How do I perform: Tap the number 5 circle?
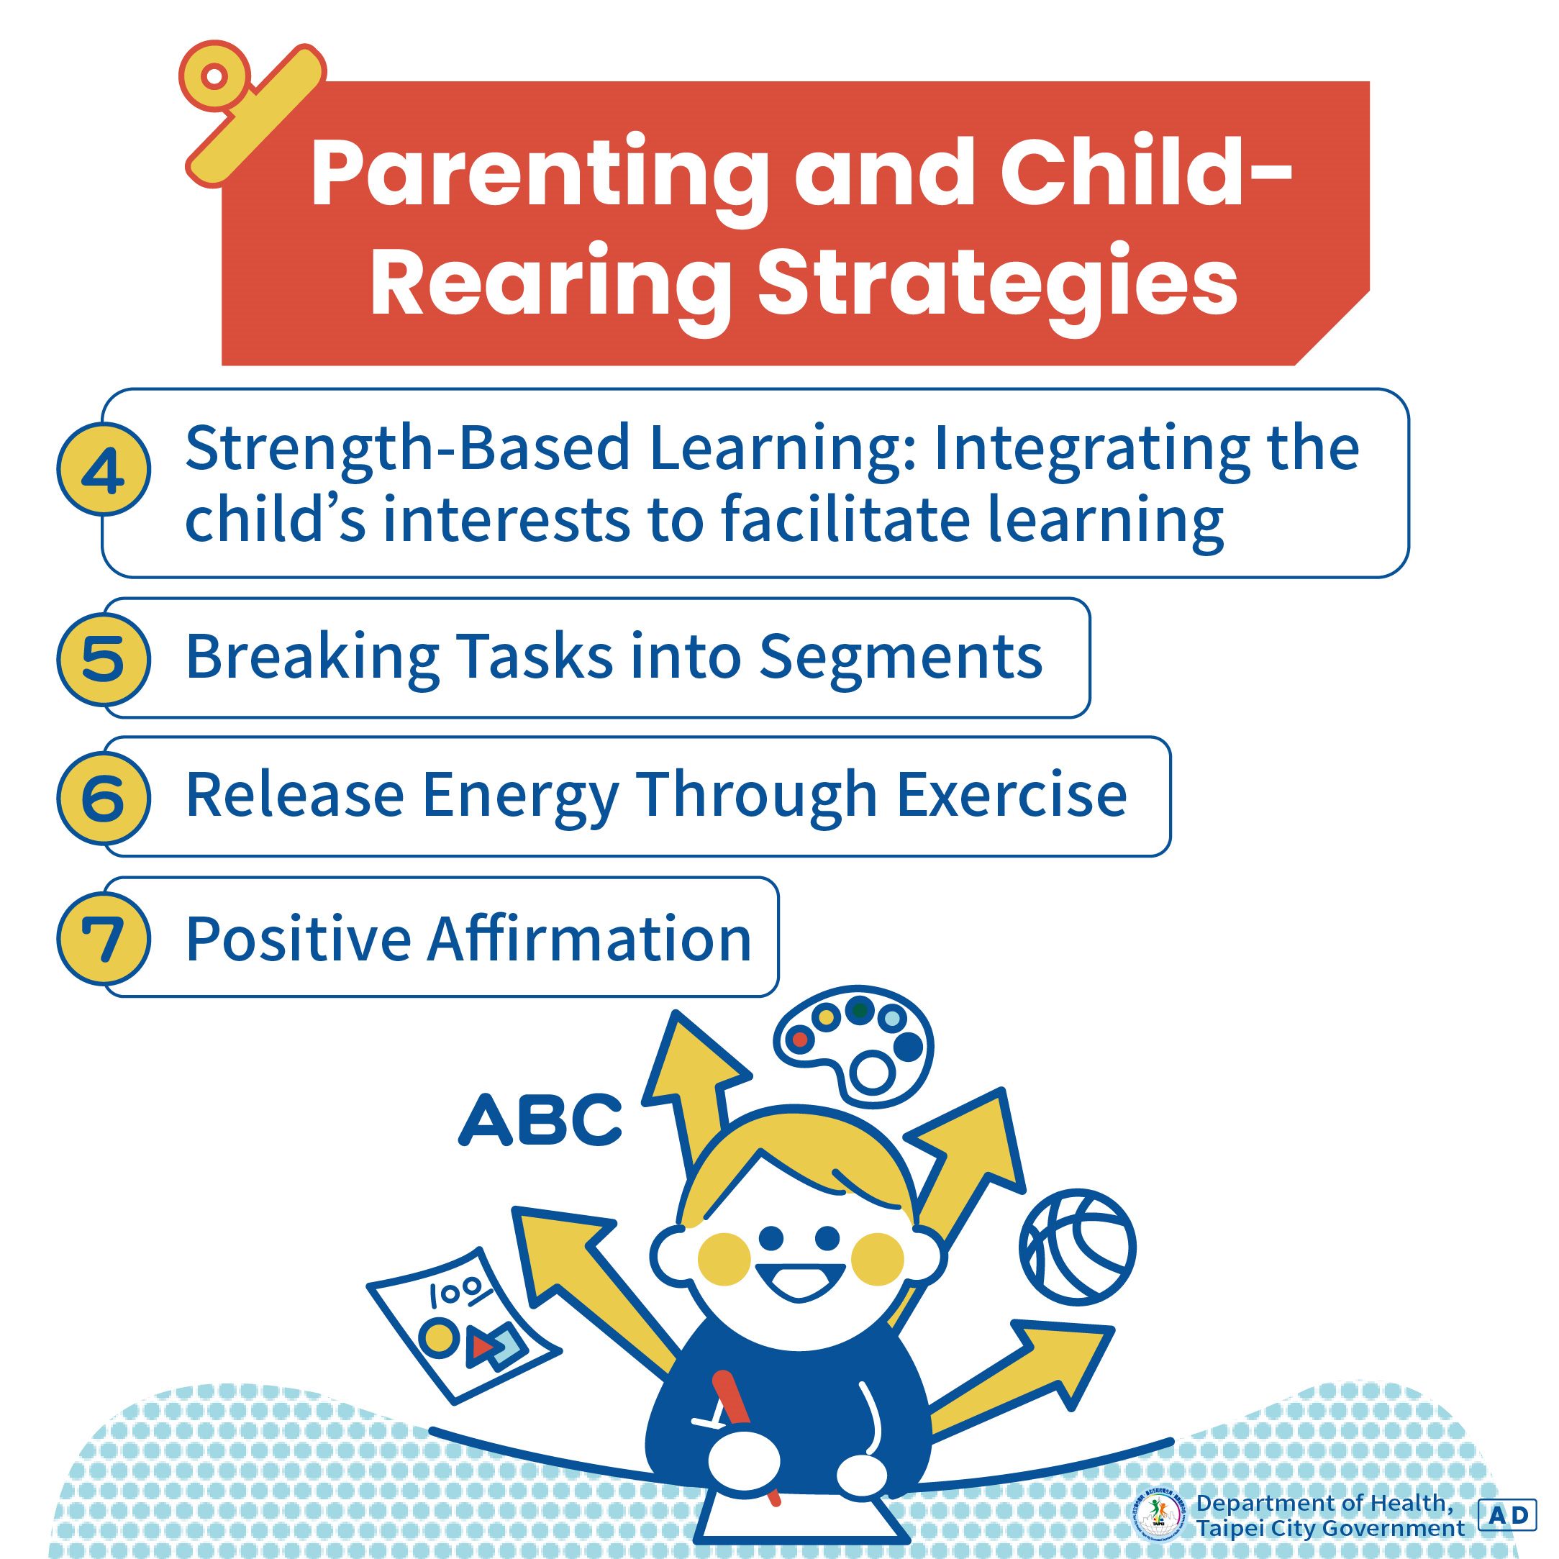104,658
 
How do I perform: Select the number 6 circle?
104,797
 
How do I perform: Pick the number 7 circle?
104,938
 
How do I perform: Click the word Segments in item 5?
901,657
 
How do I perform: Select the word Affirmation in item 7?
589,937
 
